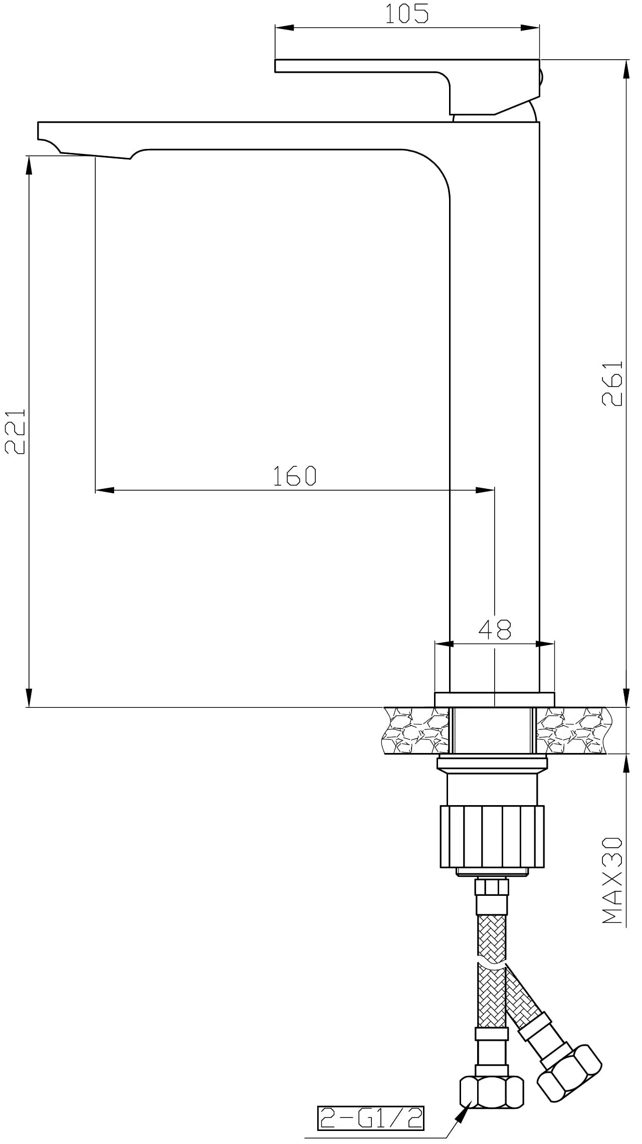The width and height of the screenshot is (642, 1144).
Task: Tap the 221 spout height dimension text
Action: [x=15, y=431]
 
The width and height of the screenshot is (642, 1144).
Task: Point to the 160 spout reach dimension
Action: [x=295, y=476]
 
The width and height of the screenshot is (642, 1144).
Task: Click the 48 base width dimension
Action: [x=495, y=630]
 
